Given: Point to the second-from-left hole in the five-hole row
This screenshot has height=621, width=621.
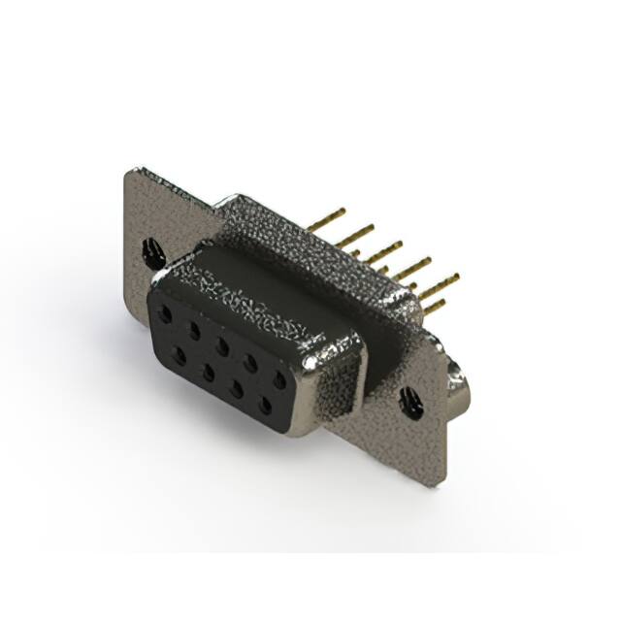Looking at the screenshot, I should (194, 330).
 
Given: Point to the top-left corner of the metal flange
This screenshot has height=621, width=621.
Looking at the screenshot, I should (130, 172).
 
